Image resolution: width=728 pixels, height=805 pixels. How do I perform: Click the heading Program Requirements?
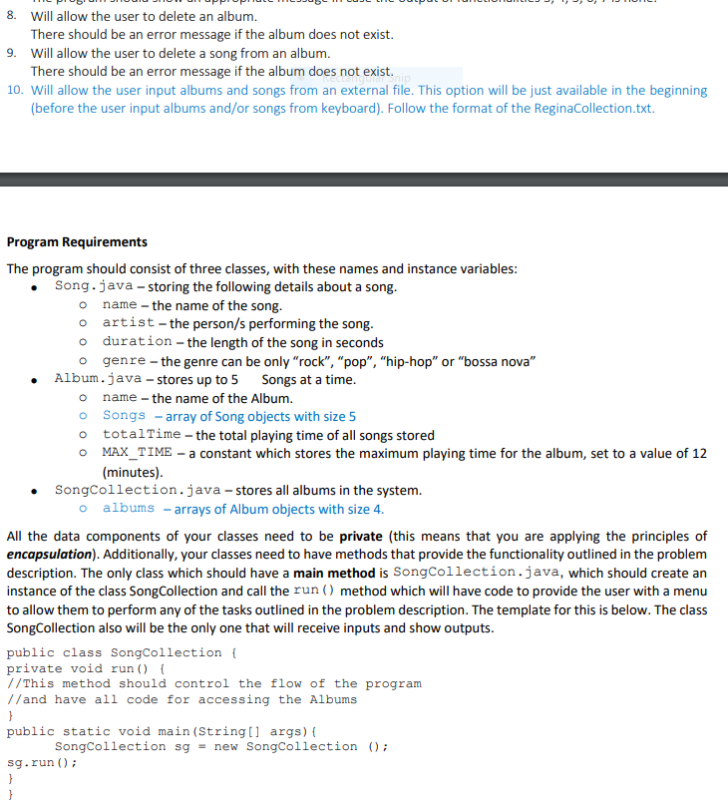tap(77, 242)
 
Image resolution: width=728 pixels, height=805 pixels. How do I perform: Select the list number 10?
tap(15, 90)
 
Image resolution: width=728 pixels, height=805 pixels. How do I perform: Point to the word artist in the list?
tap(129, 324)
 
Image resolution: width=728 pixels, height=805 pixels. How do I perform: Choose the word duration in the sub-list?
tap(137, 342)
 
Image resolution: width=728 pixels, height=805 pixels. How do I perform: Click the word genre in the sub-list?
tap(125, 361)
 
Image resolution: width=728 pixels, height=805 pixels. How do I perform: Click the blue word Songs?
tap(125, 416)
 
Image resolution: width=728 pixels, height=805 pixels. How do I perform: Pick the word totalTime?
tap(142, 435)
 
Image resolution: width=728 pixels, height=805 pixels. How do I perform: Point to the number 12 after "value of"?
tap(699, 453)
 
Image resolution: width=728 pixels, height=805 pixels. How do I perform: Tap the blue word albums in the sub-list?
tap(129, 509)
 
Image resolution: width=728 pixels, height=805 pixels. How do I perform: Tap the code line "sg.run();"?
tap(39, 763)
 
